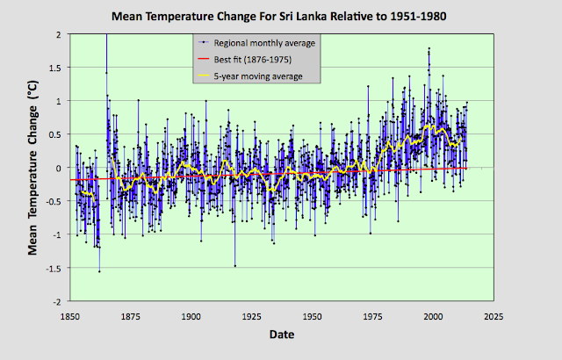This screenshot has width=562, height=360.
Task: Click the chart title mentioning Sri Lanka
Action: click(281, 16)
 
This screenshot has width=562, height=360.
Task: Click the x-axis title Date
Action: click(282, 335)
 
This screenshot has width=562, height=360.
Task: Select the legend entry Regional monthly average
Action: click(256, 42)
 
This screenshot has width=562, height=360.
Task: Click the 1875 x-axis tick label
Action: click(131, 316)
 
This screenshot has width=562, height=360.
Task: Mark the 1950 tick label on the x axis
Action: click(313, 316)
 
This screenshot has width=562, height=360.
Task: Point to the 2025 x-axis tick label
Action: click(494, 316)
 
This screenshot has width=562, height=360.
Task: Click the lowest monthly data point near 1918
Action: click(235, 265)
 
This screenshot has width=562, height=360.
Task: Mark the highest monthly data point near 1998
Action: click(429, 48)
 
